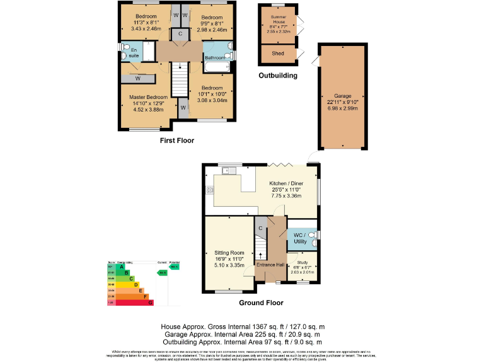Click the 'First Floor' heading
(176, 141)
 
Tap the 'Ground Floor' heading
(261, 302)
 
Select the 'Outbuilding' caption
(278, 75)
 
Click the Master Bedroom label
(149, 97)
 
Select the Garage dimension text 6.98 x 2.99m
(342, 108)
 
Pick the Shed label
(278, 54)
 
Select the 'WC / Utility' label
(300, 238)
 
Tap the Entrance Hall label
(270, 265)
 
